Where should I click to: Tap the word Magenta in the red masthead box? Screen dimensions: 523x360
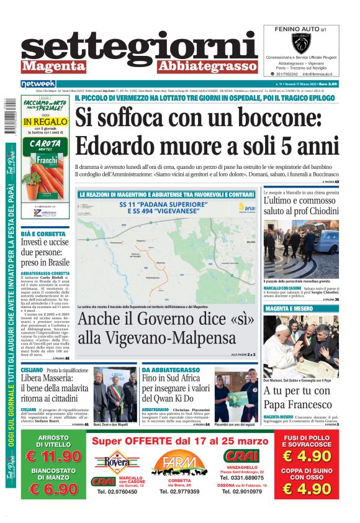tap(51, 66)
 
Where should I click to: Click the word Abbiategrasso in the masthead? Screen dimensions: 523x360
tap(207, 66)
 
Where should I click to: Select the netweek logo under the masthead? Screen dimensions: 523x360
tap(38, 83)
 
